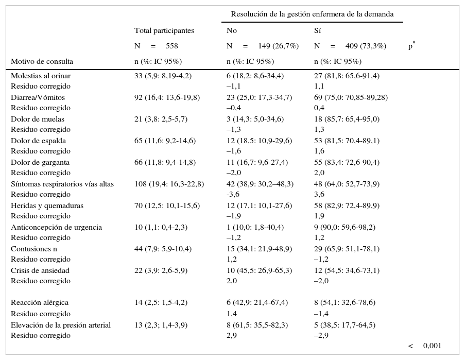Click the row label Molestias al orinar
tap(41, 76)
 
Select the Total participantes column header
tap(164, 30)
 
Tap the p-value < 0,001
tap(425, 346)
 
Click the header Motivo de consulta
tap(42, 61)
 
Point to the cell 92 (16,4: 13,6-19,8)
tap(167, 97)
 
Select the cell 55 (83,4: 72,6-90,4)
tap(347, 162)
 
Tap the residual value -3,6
tap(233, 195)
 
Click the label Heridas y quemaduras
tap(47, 205)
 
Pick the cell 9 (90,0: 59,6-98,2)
tap(345, 227)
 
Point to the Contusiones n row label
tap(34, 249)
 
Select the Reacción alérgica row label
tap(40, 303)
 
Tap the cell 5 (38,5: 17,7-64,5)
tap(345, 325)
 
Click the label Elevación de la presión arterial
tap(61, 325)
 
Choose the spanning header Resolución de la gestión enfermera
tap(312, 14)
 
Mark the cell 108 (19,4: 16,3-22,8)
tap(169, 184)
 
